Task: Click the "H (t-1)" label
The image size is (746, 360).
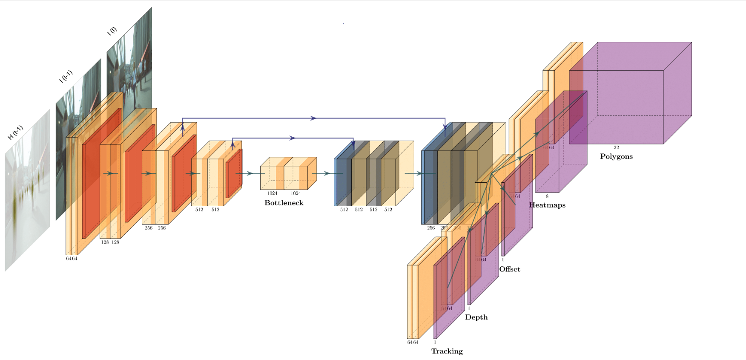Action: click(16, 132)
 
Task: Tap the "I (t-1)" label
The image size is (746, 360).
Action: click(66, 76)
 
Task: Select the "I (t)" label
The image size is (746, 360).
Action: click(112, 31)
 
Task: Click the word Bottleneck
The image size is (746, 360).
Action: click(284, 203)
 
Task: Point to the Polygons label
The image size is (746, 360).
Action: click(616, 156)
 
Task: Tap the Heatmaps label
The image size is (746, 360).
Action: click(547, 205)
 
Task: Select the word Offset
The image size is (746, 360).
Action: click(510, 269)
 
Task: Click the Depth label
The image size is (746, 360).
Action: click(476, 317)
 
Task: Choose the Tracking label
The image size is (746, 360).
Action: click(447, 351)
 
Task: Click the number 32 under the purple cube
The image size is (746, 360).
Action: click(616, 147)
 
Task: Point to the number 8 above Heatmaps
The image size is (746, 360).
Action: click(547, 196)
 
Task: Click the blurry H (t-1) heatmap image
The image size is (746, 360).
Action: click(27, 192)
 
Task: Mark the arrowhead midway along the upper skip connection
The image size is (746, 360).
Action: click(313, 118)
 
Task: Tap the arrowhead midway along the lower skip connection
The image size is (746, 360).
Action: click(293, 138)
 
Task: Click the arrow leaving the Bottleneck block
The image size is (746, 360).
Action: click(326, 173)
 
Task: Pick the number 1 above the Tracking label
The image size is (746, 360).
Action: click(435, 342)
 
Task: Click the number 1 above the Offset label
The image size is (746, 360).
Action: click(502, 259)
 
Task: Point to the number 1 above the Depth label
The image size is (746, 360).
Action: click(469, 308)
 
